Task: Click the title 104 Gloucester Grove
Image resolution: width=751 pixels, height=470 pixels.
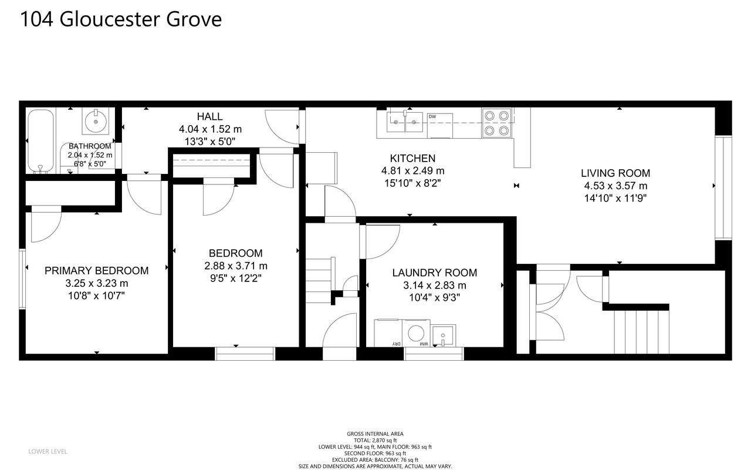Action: [x=121, y=19]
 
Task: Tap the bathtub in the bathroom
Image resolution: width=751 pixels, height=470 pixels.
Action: [x=40, y=141]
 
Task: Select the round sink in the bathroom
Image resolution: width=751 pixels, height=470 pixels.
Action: [x=96, y=122]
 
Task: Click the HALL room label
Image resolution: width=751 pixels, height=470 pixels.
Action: [x=209, y=117]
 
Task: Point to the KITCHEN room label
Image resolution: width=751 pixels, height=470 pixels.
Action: [x=412, y=158]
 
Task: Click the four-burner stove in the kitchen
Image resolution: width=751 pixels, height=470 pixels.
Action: [x=496, y=123]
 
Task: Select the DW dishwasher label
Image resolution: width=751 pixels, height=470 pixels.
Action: [x=432, y=117]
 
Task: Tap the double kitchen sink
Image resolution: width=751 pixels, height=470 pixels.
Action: [x=405, y=123]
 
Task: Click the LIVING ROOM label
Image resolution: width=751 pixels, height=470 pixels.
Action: [x=615, y=173]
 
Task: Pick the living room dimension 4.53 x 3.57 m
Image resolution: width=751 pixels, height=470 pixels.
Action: [x=615, y=186]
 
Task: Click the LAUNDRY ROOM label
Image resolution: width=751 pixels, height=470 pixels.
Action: [x=434, y=273]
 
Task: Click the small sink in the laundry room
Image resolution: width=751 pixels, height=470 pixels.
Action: [x=444, y=335]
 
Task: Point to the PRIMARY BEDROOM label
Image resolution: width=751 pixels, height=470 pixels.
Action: [x=96, y=271]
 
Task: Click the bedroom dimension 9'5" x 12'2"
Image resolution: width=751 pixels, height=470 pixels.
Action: [x=232, y=278]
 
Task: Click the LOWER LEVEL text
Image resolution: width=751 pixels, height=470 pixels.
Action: [x=48, y=451]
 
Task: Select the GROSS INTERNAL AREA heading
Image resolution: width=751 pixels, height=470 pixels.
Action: [x=375, y=434]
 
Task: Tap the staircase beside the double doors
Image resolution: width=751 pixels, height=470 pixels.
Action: [x=641, y=331]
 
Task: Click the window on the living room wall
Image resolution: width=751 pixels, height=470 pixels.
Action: [x=723, y=187]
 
